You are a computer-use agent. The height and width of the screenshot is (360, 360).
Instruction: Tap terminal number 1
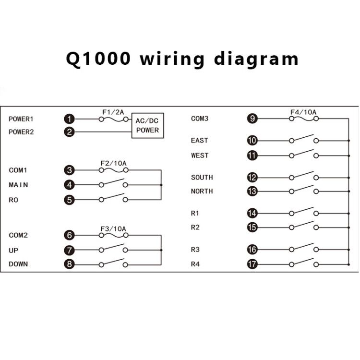pyautogui.click(x=69, y=119)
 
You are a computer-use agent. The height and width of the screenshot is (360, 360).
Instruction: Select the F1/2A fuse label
pyautogui.click(x=113, y=112)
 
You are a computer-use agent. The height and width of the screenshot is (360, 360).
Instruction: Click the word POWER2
pyautogui.click(x=21, y=132)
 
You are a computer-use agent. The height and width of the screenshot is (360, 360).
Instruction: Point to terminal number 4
pyautogui.click(x=69, y=185)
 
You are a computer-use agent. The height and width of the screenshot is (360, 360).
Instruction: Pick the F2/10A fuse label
pyautogui.click(x=113, y=163)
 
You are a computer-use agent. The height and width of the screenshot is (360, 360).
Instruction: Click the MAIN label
pyautogui.click(x=18, y=185)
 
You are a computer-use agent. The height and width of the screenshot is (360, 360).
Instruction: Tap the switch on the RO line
pyautogui.click(x=113, y=197)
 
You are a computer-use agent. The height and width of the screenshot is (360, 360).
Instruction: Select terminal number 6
pyautogui.click(x=69, y=235)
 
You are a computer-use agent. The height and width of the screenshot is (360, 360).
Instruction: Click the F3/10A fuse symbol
pyautogui.click(x=113, y=235)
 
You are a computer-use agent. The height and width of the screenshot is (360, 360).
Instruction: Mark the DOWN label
pyautogui.click(x=18, y=264)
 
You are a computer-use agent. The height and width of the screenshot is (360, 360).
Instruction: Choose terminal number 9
pyautogui.click(x=252, y=119)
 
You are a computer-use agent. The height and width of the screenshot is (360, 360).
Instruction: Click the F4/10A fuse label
pyautogui.click(x=303, y=112)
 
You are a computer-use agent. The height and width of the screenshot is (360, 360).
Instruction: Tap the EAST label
pyautogui.click(x=199, y=140)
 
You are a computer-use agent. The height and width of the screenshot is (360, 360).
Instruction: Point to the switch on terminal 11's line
pyautogui.click(x=304, y=154)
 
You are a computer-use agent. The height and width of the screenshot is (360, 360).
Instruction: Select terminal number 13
pyautogui.click(x=252, y=191)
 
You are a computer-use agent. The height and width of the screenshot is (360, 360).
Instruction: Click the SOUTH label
pyautogui.click(x=202, y=177)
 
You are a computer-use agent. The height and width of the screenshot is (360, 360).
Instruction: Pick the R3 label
pyautogui.click(x=195, y=250)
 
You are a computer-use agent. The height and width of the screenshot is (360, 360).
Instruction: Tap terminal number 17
pyautogui.click(x=252, y=264)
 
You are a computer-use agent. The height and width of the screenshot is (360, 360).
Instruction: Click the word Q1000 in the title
pyautogui.click(x=98, y=59)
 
